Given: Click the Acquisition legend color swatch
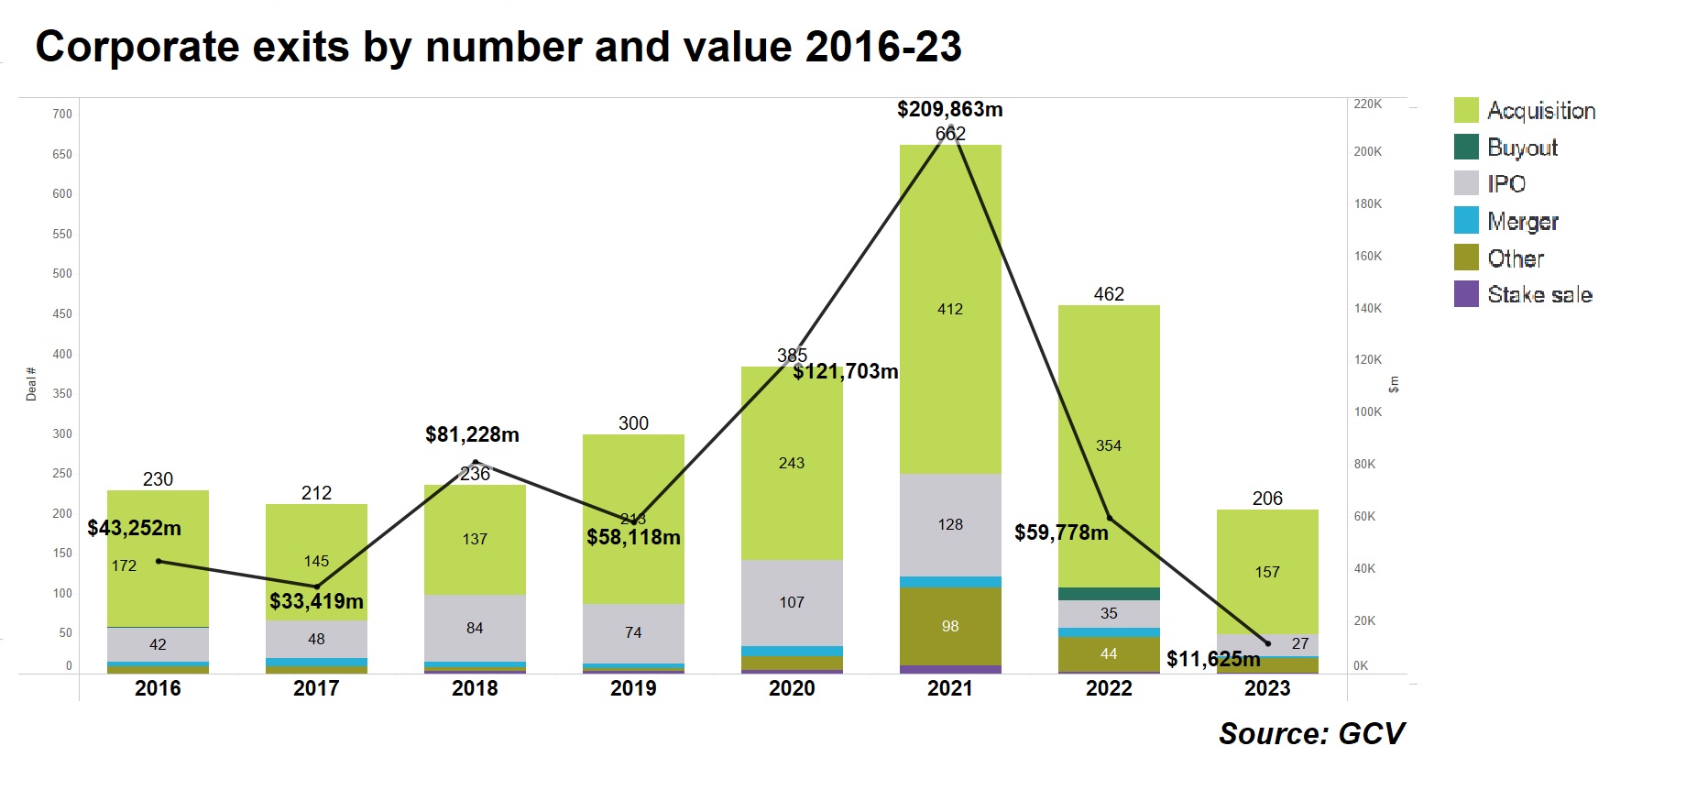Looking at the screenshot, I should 1466,110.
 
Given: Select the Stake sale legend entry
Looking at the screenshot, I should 1539,294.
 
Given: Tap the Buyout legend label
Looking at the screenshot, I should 1522,148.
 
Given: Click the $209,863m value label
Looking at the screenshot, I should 949,109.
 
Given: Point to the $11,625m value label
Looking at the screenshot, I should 1213,659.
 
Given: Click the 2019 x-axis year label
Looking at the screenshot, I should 633,688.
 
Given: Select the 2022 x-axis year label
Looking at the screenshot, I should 1109,688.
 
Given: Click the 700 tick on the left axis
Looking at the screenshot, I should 62,114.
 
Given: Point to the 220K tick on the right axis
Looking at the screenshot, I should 1367,104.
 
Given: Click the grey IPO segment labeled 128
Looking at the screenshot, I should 950,524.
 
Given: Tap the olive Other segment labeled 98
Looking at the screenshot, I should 950,626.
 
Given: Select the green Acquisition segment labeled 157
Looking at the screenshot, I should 1267,572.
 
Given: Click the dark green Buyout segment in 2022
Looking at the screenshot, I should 1109,594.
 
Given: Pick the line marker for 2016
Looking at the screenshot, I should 159,561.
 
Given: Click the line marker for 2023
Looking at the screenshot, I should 1268,643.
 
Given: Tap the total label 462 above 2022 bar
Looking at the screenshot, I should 1109,294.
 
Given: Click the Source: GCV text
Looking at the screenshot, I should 1311,733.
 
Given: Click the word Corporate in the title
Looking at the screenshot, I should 137,47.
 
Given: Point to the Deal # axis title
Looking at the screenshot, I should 31,384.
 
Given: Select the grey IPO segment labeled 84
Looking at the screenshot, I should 475,628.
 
